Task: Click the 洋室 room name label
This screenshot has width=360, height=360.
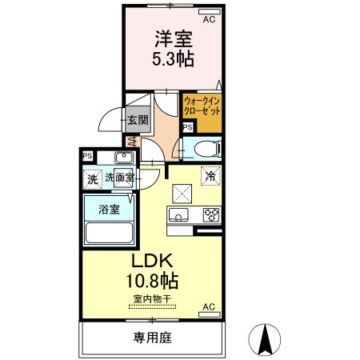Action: tap(171, 38)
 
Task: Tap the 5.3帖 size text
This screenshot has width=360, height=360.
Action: tap(171, 59)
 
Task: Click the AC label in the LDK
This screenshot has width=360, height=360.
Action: tap(209, 307)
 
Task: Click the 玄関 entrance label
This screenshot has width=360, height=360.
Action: tap(137, 121)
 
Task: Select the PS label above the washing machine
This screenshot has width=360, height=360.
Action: tap(87, 156)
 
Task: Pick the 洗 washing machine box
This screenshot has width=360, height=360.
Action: tap(93, 180)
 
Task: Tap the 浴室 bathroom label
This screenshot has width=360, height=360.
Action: tap(109, 210)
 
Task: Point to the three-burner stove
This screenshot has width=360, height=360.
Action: tap(210, 214)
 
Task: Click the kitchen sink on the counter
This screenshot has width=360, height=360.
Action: tap(177, 214)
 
